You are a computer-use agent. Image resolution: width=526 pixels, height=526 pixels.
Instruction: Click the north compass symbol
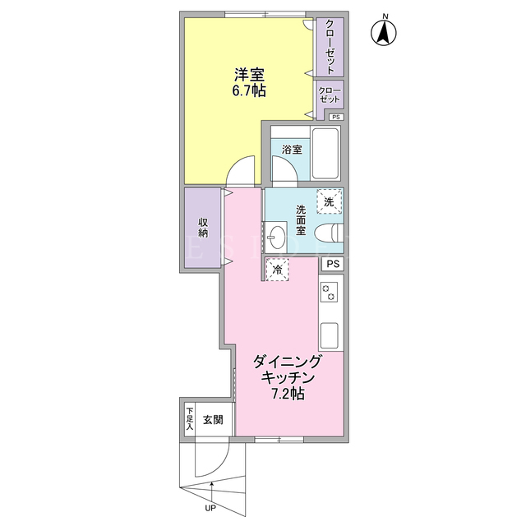point(384,33)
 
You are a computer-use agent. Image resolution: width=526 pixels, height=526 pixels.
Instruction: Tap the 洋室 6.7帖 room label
point(250,82)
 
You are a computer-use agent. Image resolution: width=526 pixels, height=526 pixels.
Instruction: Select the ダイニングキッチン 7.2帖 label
point(288,377)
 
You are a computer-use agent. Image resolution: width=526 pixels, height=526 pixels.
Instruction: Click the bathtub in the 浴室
point(325,154)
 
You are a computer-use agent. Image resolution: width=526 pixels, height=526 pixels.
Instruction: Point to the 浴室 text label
point(292,150)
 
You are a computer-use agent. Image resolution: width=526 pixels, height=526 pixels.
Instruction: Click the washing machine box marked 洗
point(329,201)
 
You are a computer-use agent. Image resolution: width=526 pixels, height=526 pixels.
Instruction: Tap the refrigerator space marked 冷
point(277,269)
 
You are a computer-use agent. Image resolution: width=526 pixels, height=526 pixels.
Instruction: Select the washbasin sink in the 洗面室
point(276,238)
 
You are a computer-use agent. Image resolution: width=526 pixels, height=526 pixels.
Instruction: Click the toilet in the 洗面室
point(329,233)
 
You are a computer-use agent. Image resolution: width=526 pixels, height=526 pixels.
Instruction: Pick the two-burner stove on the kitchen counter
point(329,293)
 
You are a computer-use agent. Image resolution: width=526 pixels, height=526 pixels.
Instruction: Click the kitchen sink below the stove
point(329,335)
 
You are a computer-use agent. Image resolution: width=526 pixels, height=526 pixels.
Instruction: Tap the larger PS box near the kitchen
point(333,264)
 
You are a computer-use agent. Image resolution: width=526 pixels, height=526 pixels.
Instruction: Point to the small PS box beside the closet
point(336,117)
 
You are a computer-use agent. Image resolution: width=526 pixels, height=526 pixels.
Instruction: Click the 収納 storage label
point(203,228)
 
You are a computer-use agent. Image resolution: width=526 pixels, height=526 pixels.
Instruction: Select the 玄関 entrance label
point(213,420)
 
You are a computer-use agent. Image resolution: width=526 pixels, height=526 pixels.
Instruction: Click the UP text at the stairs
point(210,508)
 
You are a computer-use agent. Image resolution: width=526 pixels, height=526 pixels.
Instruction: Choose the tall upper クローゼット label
point(330,47)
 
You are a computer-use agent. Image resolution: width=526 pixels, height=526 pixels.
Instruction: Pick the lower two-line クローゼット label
point(330,95)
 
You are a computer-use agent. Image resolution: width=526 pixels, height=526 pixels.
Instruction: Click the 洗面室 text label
point(301,220)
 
